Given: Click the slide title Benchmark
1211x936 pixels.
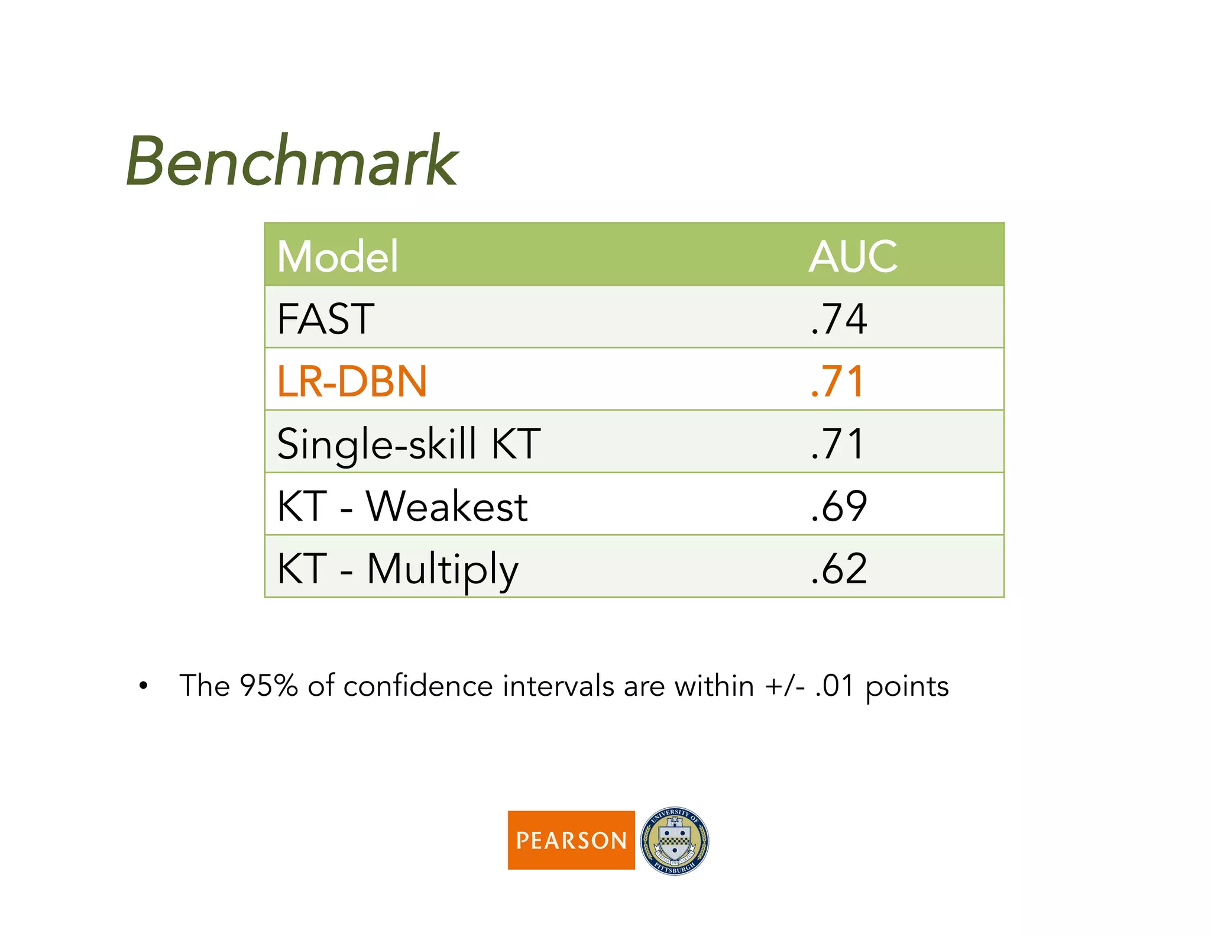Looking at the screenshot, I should point(292,161).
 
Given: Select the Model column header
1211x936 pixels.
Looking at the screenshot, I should point(338,257).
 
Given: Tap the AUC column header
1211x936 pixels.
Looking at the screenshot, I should point(853,257).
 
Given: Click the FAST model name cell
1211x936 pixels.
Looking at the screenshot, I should point(326,319).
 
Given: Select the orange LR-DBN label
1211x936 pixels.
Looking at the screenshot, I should point(352,381).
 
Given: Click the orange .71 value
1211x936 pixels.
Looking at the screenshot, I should point(837,381).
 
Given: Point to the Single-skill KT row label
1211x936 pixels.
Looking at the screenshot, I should point(409,444).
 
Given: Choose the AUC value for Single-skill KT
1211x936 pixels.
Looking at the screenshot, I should point(837,444).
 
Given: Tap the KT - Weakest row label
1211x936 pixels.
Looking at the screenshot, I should point(402,506).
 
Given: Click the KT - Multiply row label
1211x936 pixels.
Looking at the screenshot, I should point(397,569).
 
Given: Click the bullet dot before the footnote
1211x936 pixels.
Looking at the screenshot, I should point(143,686).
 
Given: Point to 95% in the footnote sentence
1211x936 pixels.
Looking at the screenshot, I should point(268,686).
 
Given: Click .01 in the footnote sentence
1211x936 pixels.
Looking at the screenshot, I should point(834,686).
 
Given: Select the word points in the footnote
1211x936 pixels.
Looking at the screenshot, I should point(907,688).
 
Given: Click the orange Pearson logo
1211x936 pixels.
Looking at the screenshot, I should point(571,840).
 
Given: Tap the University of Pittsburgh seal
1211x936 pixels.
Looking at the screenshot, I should point(675,841).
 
